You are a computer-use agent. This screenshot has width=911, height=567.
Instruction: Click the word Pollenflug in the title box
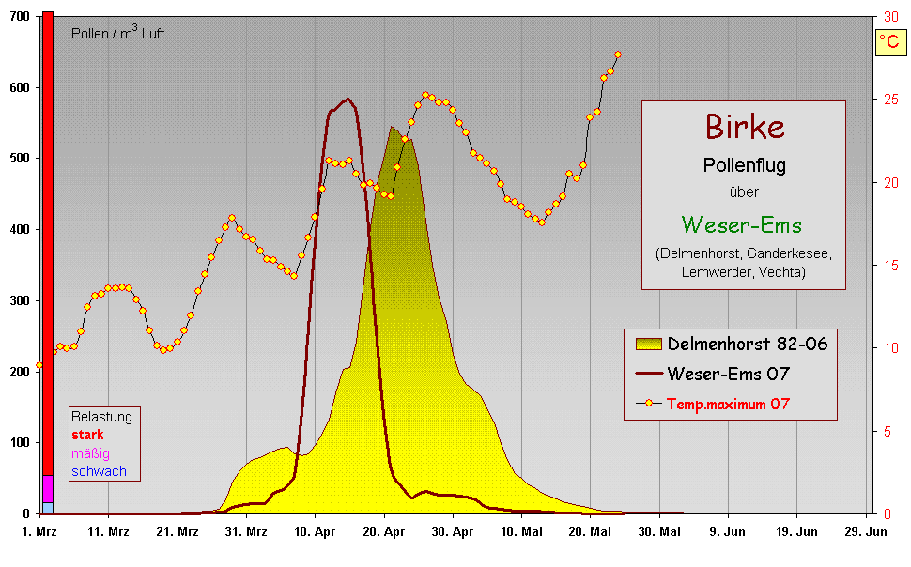point(744,166)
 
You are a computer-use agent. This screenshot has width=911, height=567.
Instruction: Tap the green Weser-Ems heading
point(742,225)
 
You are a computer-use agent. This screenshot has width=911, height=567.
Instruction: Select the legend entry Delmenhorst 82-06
point(747,344)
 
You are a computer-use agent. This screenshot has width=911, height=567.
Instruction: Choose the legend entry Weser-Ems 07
point(728,374)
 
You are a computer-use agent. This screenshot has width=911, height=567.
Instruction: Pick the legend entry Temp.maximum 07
point(728,404)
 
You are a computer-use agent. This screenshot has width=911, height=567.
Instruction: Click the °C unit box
point(888,42)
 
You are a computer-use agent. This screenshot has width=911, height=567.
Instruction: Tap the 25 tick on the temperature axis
point(890,99)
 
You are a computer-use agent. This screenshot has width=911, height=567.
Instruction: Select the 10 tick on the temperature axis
point(890,348)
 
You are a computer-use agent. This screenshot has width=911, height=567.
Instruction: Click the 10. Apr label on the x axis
point(316,531)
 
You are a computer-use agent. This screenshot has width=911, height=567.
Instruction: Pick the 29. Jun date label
point(866,531)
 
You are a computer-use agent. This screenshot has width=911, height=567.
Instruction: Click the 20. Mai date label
point(591,531)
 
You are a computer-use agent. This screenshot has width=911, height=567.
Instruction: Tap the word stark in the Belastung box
point(87,435)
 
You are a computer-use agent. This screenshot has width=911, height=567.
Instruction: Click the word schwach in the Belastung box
point(99,471)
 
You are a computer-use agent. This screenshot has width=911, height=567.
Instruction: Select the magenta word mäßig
point(90,453)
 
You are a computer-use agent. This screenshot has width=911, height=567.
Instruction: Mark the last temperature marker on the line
point(617,54)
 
